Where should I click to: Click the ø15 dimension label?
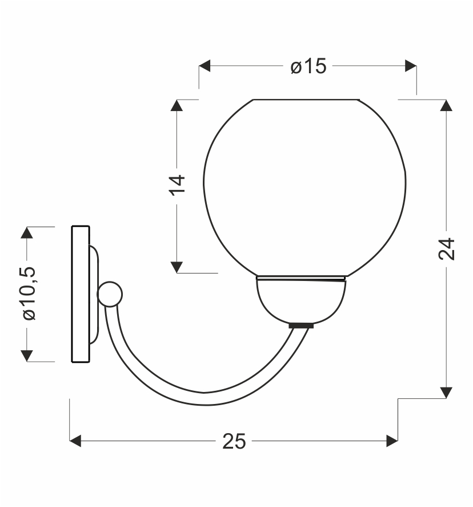point(308,66)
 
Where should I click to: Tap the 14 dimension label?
point(177,185)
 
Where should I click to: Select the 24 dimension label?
point(447,249)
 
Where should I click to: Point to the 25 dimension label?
point(234,441)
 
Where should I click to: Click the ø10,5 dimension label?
point(29,294)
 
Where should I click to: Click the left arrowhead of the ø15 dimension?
point(205,66)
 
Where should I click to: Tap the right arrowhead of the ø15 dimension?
point(411,66)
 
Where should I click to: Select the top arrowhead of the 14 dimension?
point(177,105)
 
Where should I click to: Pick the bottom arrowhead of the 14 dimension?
point(177,267)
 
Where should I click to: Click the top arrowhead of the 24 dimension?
point(446,105)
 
